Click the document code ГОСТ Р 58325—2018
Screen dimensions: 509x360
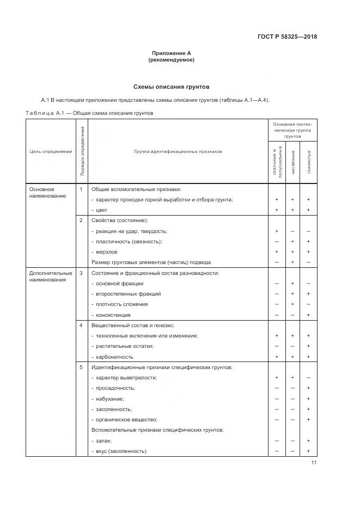coord(287,37)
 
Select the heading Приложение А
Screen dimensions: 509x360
coord(171,53)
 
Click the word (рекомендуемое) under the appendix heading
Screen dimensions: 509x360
coord(171,60)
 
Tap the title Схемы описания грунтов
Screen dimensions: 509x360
coord(171,87)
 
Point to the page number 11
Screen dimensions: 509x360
coord(314,463)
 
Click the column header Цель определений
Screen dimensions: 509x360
coord(50,151)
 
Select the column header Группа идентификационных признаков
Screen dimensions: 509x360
coord(178,151)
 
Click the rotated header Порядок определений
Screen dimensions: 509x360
coord(82,152)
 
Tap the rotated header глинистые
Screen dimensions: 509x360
coord(309,162)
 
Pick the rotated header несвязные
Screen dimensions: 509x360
coord(293,162)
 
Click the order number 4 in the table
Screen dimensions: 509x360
coord(81,325)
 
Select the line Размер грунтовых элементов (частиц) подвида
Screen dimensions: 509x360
coord(151,262)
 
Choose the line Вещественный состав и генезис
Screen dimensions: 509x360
coord(132,325)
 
